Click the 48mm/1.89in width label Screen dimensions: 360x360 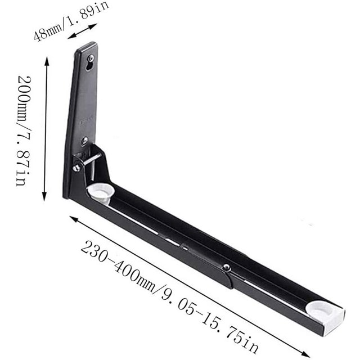[71, 21]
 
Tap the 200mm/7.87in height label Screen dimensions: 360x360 [24, 130]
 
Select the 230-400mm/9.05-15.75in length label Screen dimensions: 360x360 [169, 297]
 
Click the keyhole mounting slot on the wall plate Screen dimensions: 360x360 [89, 66]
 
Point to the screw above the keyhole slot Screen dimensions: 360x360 [91, 57]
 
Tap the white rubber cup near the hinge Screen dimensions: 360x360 [101, 192]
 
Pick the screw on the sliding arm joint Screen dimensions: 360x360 [226, 267]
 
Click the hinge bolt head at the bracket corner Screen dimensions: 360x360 [76, 168]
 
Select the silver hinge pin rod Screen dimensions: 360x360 [92, 158]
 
